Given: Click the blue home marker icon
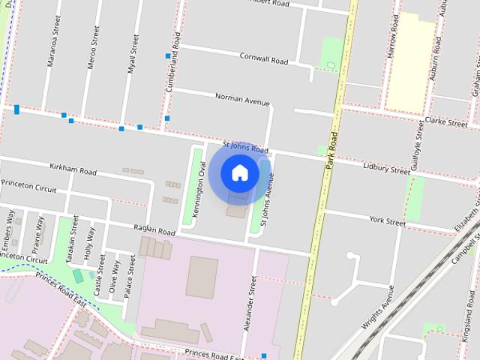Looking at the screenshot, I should coord(239,173).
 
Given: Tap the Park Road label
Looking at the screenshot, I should coord(331,150).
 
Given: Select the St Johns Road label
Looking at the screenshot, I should coord(245,148).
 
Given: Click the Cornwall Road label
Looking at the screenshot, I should coord(264,58).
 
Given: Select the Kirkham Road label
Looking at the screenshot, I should coord(73,171).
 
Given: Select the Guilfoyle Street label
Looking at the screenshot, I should coord(418,149).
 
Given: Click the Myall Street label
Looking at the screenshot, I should coord(134,51).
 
